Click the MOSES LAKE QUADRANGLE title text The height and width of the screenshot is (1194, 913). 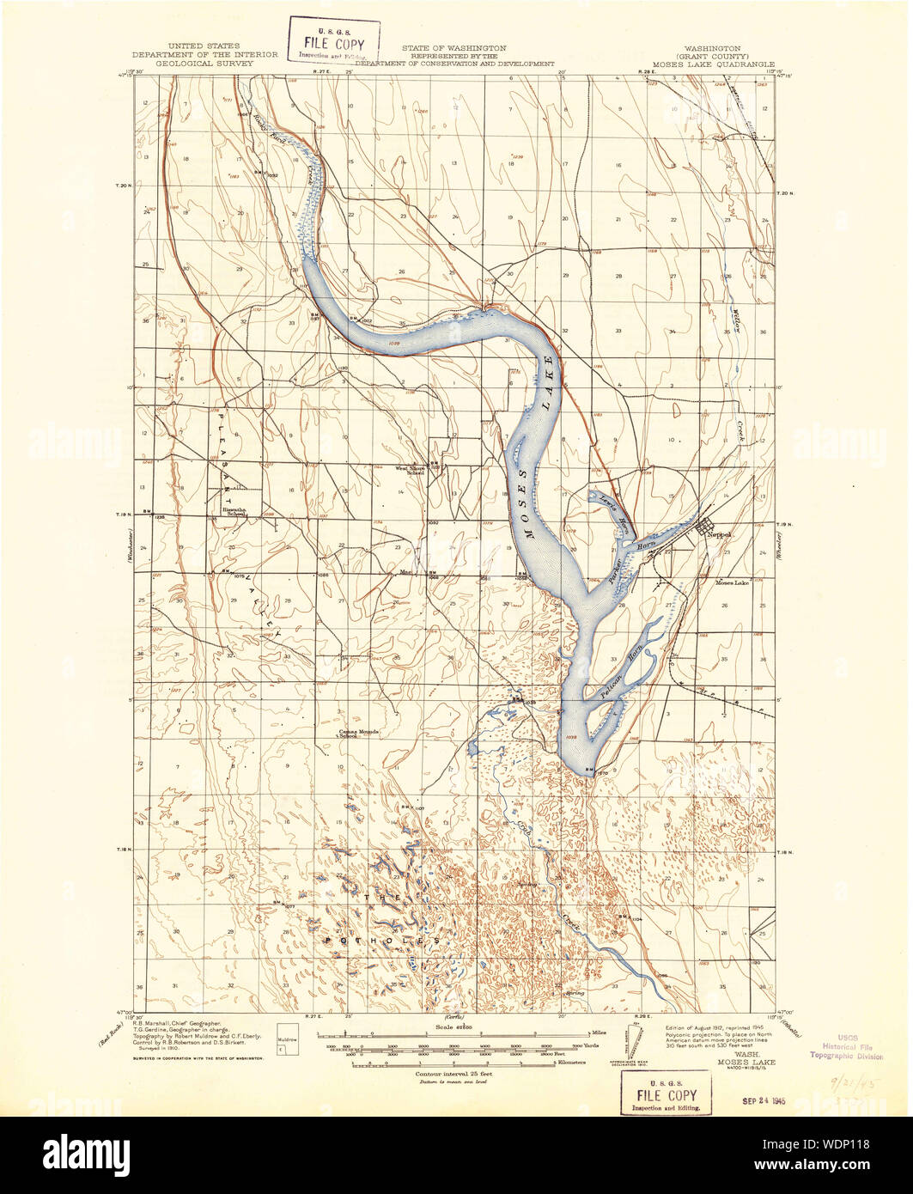(x=713, y=64)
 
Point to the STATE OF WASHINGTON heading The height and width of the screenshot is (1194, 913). (x=453, y=48)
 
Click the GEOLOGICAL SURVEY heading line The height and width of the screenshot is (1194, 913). (x=204, y=64)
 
